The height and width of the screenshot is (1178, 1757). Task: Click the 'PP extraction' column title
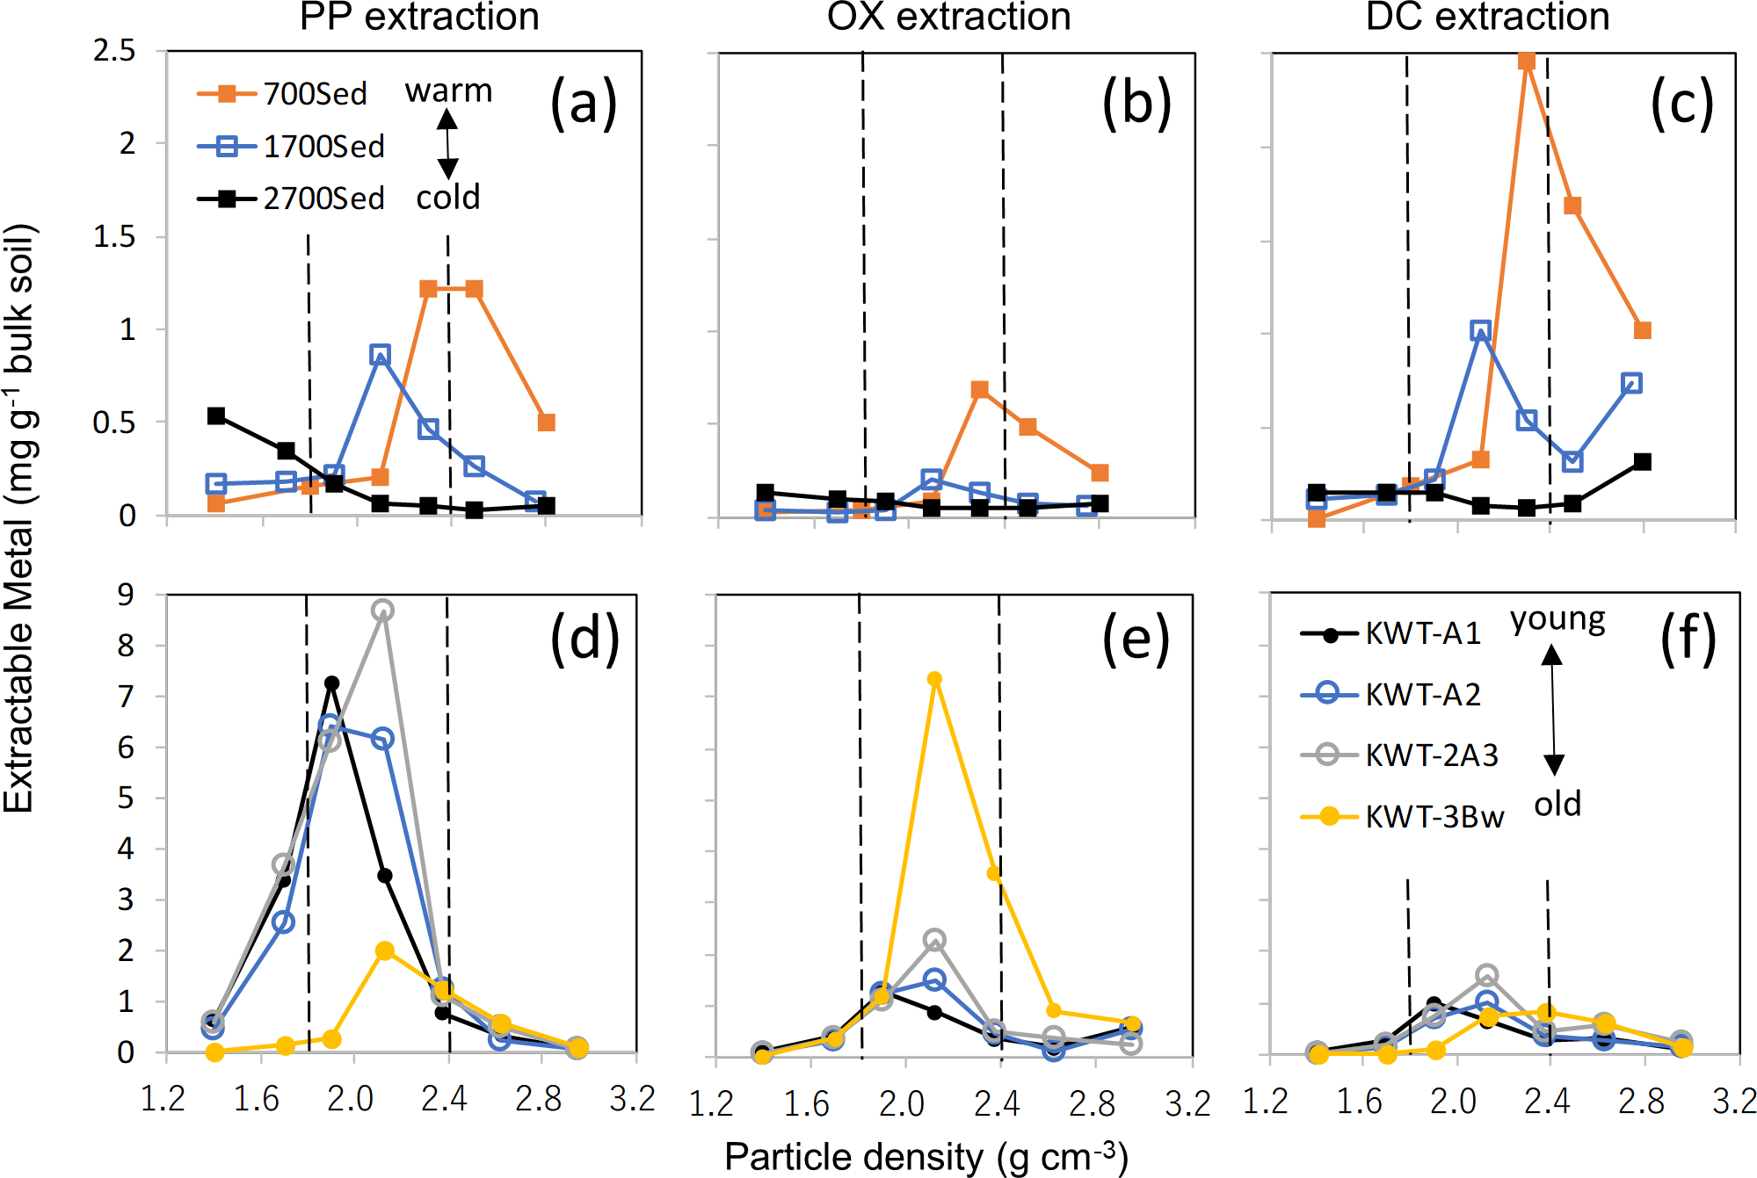419,18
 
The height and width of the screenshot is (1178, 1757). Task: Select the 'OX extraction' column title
948,18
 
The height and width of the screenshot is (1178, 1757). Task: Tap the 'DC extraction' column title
1487,18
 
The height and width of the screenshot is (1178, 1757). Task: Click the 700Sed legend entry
281,94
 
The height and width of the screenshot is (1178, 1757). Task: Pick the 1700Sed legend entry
290,147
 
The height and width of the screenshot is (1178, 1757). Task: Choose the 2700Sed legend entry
290,199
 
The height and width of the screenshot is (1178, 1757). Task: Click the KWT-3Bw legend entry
1402,817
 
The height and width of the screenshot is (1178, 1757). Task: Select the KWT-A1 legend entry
1390,633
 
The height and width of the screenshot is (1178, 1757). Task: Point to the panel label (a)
584,104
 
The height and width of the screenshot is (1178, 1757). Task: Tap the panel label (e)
1136,639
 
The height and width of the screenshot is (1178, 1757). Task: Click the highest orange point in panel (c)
1527,61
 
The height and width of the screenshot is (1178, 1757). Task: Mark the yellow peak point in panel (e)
934,679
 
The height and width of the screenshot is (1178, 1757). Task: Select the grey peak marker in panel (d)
382,610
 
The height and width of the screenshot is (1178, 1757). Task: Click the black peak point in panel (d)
331,683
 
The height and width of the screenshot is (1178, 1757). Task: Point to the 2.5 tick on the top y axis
115,51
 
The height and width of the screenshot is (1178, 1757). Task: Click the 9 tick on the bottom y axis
126,595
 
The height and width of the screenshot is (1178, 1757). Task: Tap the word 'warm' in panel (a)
448,91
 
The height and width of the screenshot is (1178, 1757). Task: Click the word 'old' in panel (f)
1557,804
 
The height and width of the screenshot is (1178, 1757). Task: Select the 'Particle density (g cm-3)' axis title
926,1157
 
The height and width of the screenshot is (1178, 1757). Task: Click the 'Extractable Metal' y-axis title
19,518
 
